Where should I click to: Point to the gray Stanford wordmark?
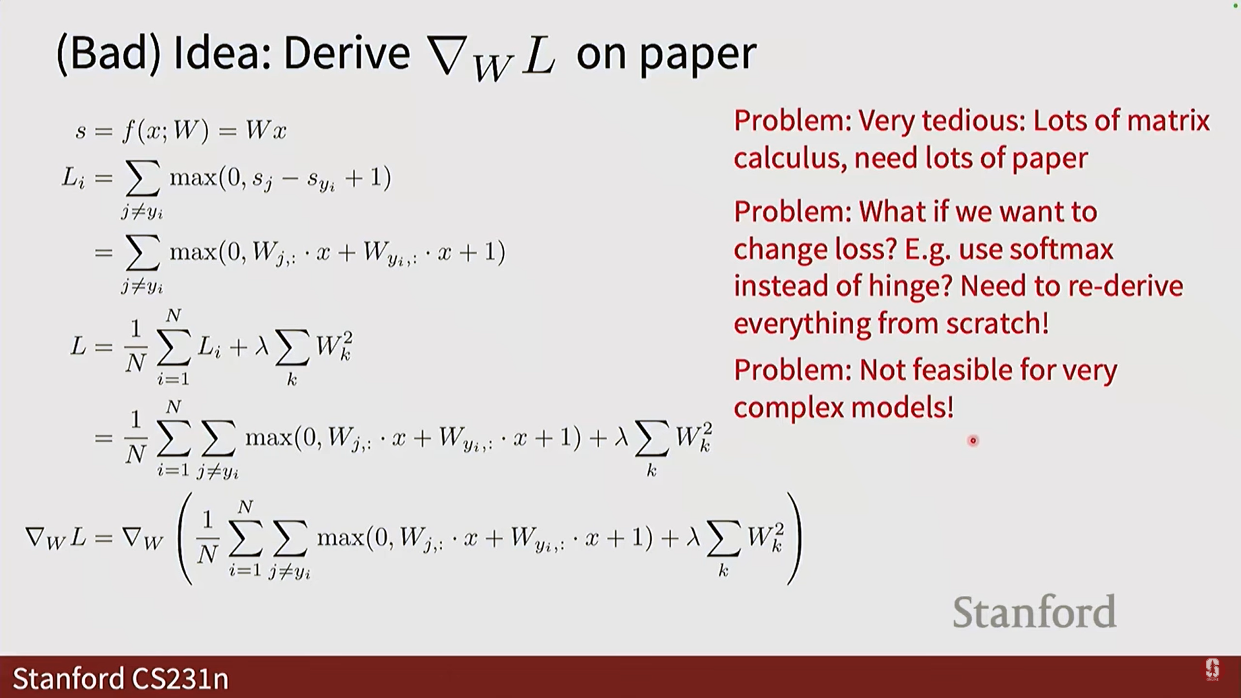click(1034, 611)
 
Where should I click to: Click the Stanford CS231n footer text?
click(120, 679)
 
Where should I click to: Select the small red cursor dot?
click(973, 441)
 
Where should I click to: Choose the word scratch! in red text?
click(997, 323)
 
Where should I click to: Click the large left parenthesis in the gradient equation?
click(186, 539)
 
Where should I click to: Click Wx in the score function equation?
click(266, 131)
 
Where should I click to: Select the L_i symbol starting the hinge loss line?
click(73, 178)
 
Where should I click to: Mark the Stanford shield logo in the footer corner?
click(1212, 670)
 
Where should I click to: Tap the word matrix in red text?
click(1168, 122)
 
